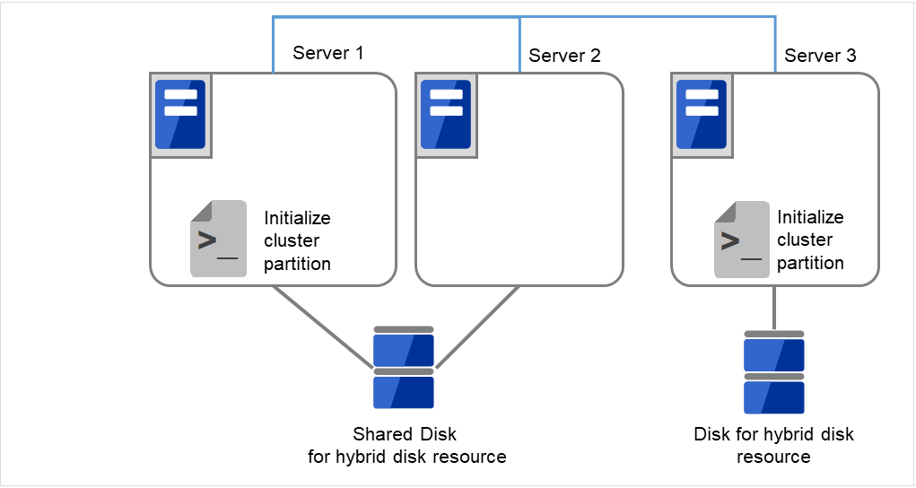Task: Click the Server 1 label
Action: coord(327,53)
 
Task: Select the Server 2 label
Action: coord(564,56)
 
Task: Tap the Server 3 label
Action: coord(820,56)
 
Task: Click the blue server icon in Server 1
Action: coord(180,115)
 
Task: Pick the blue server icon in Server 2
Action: coord(446,115)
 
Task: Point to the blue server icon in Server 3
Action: coord(701,115)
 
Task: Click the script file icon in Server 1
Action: coord(218,239)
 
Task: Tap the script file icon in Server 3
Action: coord(742,239)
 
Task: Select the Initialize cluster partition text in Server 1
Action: coord(297,240)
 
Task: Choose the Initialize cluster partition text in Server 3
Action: coord(810,240)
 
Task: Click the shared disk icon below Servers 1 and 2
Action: coord(404,368)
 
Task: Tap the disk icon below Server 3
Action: coord(773,372)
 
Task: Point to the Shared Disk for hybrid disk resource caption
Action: coord(406,446)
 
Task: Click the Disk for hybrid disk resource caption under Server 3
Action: coord(773,446)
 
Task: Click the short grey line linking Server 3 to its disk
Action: coord(773,308)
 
